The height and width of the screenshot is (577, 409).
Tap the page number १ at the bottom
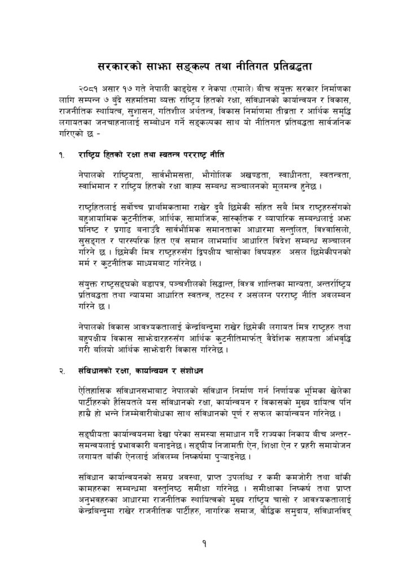[x=204, y=544]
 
